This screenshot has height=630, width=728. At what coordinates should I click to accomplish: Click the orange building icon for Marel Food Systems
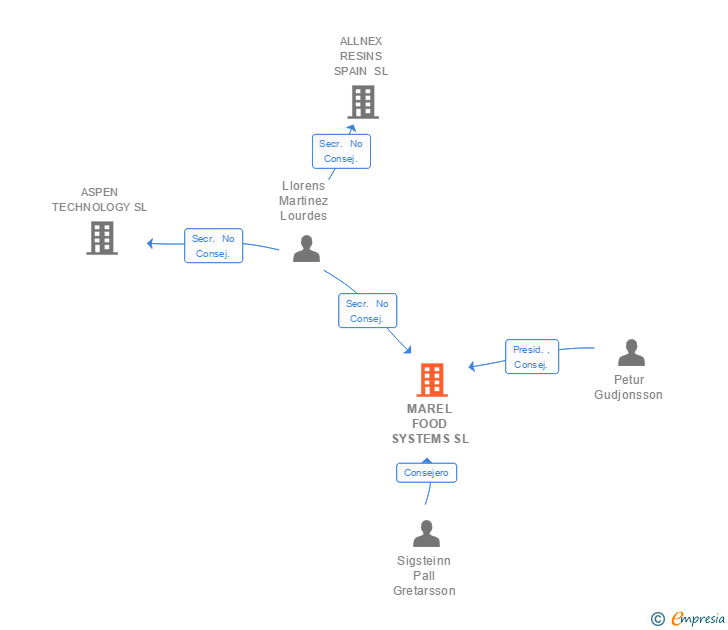[x=431, y=380]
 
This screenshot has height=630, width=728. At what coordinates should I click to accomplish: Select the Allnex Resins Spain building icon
[x=363, y=102]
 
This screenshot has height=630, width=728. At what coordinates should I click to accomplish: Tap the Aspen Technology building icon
[x=102, y=238]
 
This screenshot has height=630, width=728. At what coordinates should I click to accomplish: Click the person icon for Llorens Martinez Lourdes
[x=306, y=248]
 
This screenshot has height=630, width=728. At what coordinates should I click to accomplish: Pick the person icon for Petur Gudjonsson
[x=631, y=353]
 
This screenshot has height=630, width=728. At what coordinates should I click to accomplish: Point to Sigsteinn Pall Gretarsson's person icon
[x=427, y=534]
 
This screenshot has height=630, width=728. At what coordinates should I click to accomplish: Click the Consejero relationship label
[x=426, y=472]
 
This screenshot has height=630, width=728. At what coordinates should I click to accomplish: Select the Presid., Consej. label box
[x=531, y=357]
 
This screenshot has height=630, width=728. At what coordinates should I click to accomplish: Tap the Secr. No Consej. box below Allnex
[x=341, y=151]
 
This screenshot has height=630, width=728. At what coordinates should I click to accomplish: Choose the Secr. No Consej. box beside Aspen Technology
[x=213, y=246]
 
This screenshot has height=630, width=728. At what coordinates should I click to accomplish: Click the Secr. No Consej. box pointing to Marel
[x=367, y=310]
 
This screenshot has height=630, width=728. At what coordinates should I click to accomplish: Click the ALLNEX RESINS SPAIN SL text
[x=361, y=57]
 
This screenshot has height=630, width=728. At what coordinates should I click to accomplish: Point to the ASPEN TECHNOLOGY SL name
[x=99, y=199]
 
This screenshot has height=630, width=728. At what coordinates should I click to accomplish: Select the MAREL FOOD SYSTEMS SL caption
[x=430, y=424]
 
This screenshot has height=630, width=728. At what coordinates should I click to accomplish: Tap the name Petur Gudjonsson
[x=628, y=387]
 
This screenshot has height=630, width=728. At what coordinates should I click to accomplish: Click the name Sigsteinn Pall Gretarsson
[x=424, y=576]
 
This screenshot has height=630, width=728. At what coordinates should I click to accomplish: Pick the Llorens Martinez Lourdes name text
[x=304, y=201]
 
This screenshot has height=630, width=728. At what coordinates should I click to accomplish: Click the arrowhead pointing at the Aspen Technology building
[x=151, y=243]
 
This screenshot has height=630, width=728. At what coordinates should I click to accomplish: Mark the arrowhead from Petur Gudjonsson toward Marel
[x=472, y=366]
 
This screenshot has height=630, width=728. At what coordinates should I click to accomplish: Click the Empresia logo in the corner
[x=688, y=619]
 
